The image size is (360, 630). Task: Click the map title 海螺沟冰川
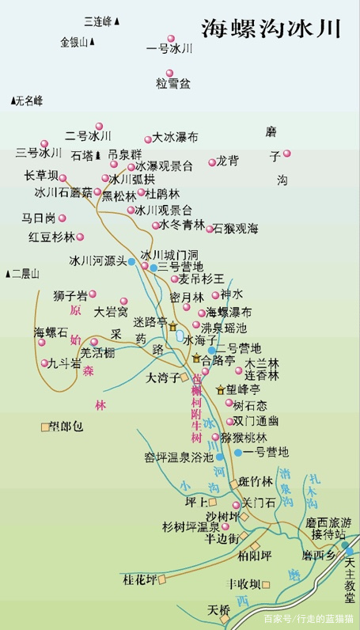(271, 29)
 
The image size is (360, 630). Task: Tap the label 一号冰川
(170, 48)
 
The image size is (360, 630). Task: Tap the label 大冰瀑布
(175, 137)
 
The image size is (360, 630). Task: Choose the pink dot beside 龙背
(212, 162)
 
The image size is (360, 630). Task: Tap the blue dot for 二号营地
(212, 349)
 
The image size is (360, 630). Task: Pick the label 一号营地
(267, 452)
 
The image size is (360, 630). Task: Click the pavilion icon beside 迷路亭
(172, 326)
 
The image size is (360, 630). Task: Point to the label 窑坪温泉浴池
(179, 457)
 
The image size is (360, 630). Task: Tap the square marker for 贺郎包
(45, 427)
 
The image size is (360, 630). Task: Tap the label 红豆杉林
(51, 237)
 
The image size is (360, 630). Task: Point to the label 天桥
(218, 610)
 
